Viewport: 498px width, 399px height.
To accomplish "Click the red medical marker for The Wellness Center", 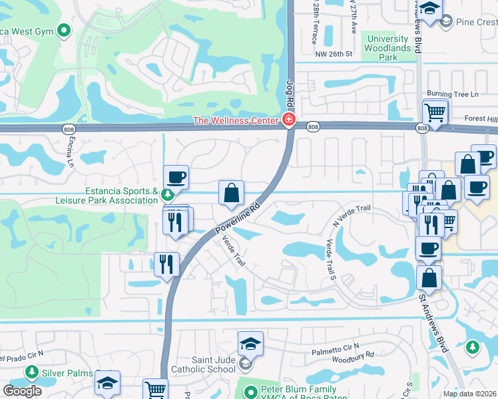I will tap(289, 120).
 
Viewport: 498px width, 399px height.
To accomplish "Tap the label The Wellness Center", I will tap(235, 120).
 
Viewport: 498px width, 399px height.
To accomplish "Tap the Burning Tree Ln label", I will tap(453, 94).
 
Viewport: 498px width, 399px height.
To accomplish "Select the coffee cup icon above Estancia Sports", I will tap(176, 177).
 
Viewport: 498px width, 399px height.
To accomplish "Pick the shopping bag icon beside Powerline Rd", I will tap(231, 193).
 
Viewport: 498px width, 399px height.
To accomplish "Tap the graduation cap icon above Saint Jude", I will tap(250, 343).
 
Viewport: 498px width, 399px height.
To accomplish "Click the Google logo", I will tap(22, 391).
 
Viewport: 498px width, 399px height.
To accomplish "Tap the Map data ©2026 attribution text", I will tap(470, 394).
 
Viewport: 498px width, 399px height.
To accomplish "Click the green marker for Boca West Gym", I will tap(65, 30).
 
